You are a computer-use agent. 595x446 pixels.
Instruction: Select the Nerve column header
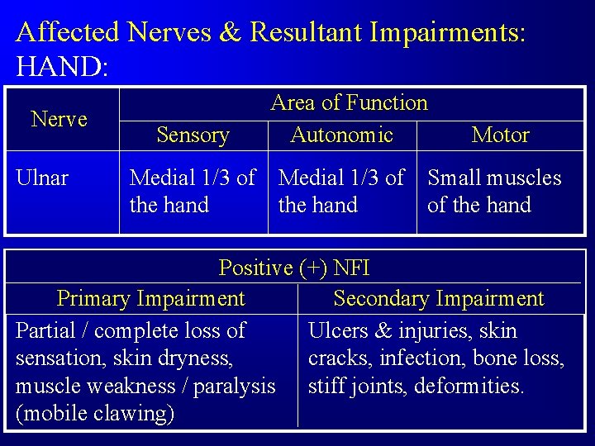click(x=59, y=119)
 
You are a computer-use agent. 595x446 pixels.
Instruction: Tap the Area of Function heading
click(x=349, y=102)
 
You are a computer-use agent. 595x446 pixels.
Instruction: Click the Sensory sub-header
click(x=193, y=135)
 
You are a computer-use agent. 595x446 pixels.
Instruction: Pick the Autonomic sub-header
click(x=341, y=135)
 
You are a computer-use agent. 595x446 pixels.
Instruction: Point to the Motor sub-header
click(x=500, y=135)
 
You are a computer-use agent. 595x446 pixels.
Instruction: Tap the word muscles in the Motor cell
click(x=524, y=178)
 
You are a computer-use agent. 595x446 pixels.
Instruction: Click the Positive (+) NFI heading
click(x=293, y=268)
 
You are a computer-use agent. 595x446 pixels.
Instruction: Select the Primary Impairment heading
click(x=150, y=298)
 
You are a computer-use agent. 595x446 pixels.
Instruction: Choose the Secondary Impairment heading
click(x=438, y=298)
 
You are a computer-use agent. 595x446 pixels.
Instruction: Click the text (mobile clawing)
click(x=95, y=413)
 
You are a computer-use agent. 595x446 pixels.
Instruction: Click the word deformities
click(x=469, y=386)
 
